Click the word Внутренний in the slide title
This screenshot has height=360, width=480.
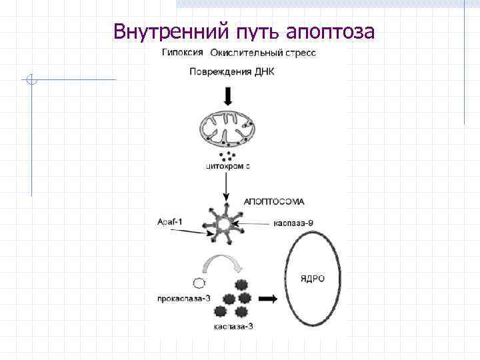171,31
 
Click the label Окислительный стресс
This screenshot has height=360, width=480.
263,53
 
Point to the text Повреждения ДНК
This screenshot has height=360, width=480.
231,72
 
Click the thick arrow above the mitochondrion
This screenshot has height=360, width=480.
228,97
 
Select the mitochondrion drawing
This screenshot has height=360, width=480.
228,129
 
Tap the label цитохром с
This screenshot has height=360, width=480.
227,167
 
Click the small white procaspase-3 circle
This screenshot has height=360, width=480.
198,282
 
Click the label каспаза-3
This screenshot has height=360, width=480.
233,327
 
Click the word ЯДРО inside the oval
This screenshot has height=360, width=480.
312,278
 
